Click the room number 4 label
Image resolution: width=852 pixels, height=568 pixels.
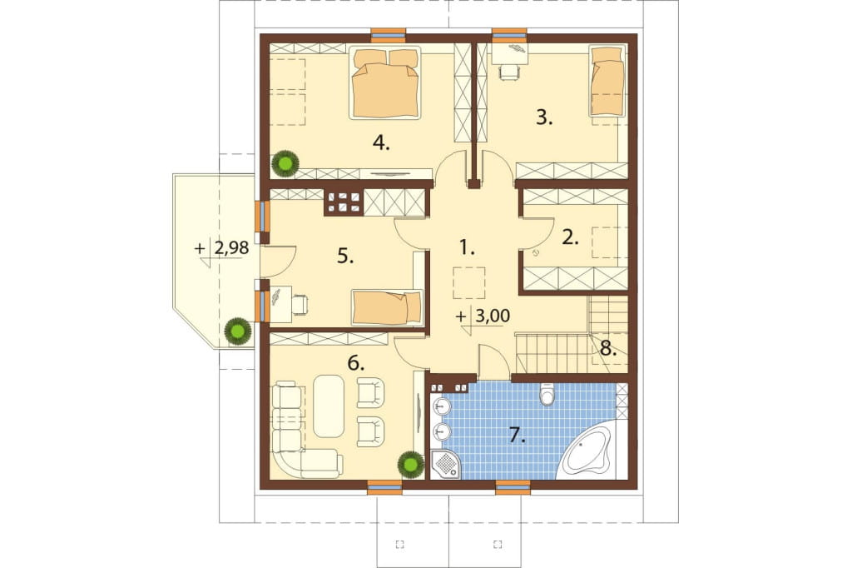click(x=381, y=143)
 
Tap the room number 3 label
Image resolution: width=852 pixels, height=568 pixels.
click(x=544, y=117)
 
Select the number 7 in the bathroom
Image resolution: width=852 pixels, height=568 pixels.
click(x=517, y=435)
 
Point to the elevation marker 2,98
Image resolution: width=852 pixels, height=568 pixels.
click(x=223, y=249)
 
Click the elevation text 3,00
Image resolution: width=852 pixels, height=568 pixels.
click(x=483, y=316)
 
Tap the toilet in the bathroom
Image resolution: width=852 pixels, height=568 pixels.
click(x=547, y=395)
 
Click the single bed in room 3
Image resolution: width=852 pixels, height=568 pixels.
click(x=607, y=81)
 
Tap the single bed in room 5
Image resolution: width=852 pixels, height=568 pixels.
click(x=387, y=307)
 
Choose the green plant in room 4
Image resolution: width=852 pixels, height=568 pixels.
click(x=285, y=162)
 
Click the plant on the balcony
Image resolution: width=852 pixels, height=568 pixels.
click(x=238, y=331)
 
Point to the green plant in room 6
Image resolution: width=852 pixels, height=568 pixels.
click(x=410, y=464)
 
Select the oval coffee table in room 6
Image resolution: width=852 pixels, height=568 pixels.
click(x=329, y=406)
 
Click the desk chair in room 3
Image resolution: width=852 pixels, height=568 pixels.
click(x=508, y=72)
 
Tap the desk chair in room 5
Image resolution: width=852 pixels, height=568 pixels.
click(x=300, y=304)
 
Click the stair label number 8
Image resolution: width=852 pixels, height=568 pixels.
click(x=608, y=349)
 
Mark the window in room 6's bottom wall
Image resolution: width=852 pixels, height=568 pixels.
click(x=385, y=487)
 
